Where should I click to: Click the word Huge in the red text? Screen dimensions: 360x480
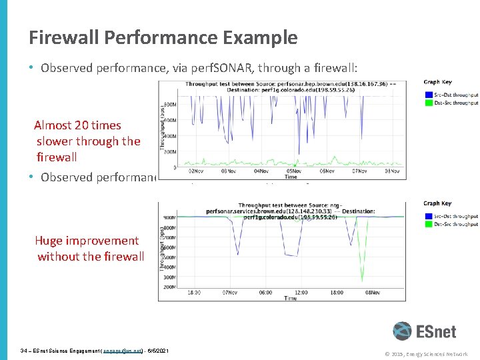pyautogui.click(x=49, y=241)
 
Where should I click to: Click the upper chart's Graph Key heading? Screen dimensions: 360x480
pyautogui.click(x=437, y=82)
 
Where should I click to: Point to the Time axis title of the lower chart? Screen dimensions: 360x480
pyautogui.click(x=291, y=299)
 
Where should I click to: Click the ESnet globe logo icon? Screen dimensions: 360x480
pyautogui.click(x=402, y=331)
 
